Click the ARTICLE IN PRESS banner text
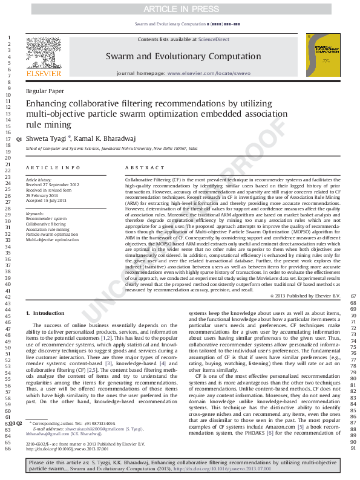pos(180,9)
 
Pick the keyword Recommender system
pos(46,219)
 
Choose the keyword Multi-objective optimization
pos(52,240)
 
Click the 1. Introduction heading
pos(47,313)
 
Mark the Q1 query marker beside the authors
pos(19,140)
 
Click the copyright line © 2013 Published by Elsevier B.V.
pos(306,294)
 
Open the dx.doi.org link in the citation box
pos(222,469)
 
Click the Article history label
pos(39,180)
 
